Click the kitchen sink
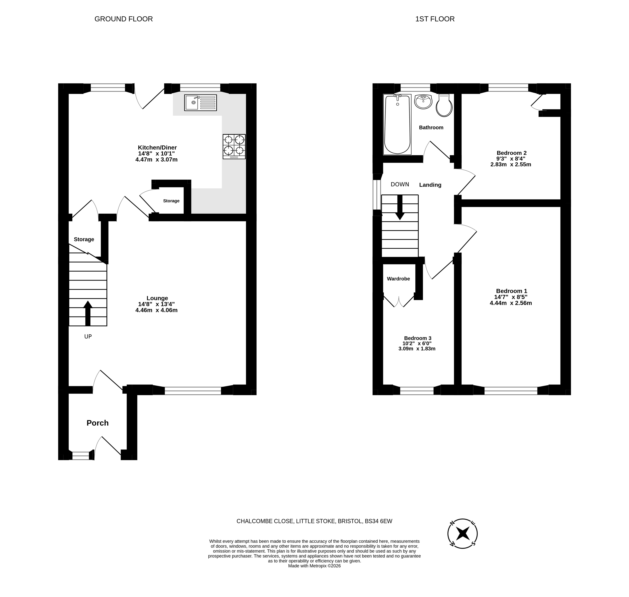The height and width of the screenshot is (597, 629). point(200,102)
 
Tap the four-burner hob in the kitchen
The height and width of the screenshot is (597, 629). point(234,146)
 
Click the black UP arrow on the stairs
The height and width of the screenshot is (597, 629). point(88,313)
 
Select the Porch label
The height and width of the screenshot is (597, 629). point(98,423)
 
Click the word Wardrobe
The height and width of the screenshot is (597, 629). point(399,279)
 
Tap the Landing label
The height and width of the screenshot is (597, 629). point(430,185)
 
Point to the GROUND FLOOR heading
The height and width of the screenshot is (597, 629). point(124,19)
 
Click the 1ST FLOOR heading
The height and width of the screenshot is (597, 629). point(435,19)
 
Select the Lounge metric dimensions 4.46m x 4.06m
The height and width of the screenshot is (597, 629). point(156,310)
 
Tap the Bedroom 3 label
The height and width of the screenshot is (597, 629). point(418,338)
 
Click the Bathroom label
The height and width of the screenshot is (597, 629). point(431,128)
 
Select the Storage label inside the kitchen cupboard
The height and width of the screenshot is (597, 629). point(171,201)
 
